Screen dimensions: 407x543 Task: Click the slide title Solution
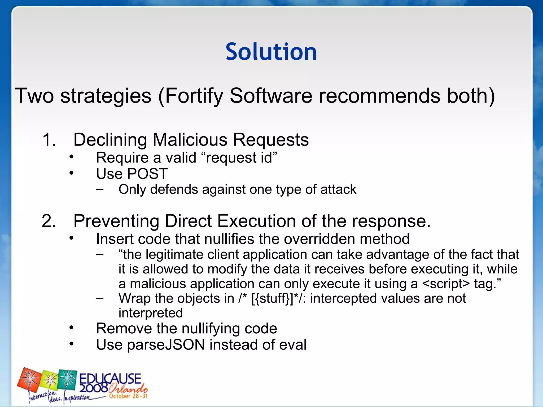point(271,52)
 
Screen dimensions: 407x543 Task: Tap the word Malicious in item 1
point(190,140)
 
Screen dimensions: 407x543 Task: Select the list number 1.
point(49,140)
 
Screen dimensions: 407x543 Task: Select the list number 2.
point(49,221)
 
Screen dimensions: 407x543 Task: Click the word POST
point(147,174)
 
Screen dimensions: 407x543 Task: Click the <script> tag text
point(446,284)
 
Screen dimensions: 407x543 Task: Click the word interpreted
point(151,313)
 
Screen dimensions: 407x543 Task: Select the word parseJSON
point(166,345)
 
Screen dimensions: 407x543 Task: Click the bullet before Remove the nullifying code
point(71,328)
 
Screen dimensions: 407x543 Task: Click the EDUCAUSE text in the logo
point(110,378)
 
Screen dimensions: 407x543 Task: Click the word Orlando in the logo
point(128,388)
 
